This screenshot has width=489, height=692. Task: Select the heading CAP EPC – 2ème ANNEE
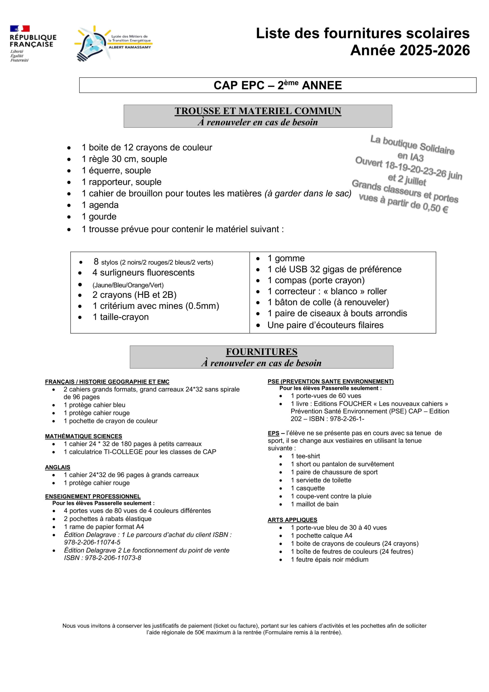pos(277,85)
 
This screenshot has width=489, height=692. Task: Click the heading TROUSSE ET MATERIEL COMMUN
pos(258,111)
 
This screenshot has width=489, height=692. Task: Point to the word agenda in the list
pos(104,205)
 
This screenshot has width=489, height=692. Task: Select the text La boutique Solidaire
pos(412,145)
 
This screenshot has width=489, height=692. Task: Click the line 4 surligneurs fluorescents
pos(143,272)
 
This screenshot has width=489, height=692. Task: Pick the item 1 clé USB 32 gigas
pos(334,269)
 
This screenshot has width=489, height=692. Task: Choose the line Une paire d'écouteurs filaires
pos(325,325)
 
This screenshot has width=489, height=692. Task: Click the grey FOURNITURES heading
pos(261,352)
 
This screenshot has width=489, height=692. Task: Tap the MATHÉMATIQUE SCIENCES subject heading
pos(83,436)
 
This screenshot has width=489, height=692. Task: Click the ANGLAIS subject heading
pos(58,467)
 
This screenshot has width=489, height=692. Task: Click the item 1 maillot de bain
pos(314,504)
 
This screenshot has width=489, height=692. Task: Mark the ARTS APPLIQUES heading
pos(292,520)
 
